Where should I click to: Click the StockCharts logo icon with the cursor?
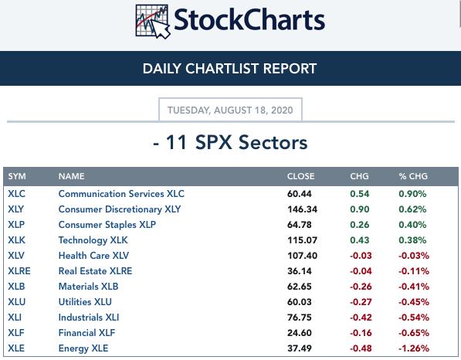pyautogui.click(x=153, y=21)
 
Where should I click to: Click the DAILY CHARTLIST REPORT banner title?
pyautogui.click(x=229, y=69)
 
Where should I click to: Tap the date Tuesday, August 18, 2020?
pyautogui.click(x=230, y=110)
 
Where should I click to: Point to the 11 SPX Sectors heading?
pyautogui.click(x=230, y=142)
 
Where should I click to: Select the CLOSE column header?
pyautogui.click(x=300, y=176)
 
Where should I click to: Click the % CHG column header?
pyautogui.click(x=413, y=176)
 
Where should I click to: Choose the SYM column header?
pyautogui.click(x=17, y=176)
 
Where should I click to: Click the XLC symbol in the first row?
pyautogui.click(x=16, y=194)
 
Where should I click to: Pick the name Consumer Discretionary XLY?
pyautogui.click(x=120, y=209)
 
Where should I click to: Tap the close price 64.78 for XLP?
pyautogui.click(x=300, y=225)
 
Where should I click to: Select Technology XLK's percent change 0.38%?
pyautogui.click(x=412, y=240)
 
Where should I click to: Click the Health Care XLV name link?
pyautogui.click(x=93, y=255)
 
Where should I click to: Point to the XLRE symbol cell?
pyautogui.click(x=19, y=271)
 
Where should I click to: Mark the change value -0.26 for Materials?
pyautogui.click(x=361, y=287)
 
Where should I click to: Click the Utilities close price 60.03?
pyautogui.click(x=300, y=302)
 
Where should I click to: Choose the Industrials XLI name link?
pyautogui.click(x=89, y=318)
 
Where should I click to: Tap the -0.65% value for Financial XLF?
pyautogui.click(x=414, y=333)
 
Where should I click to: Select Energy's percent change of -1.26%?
pyautogui.click(x=414, y=348)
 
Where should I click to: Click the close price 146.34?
pyautogui.click(x=302, y=209)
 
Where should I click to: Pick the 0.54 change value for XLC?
pyautogui.click(x=360, y=194)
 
